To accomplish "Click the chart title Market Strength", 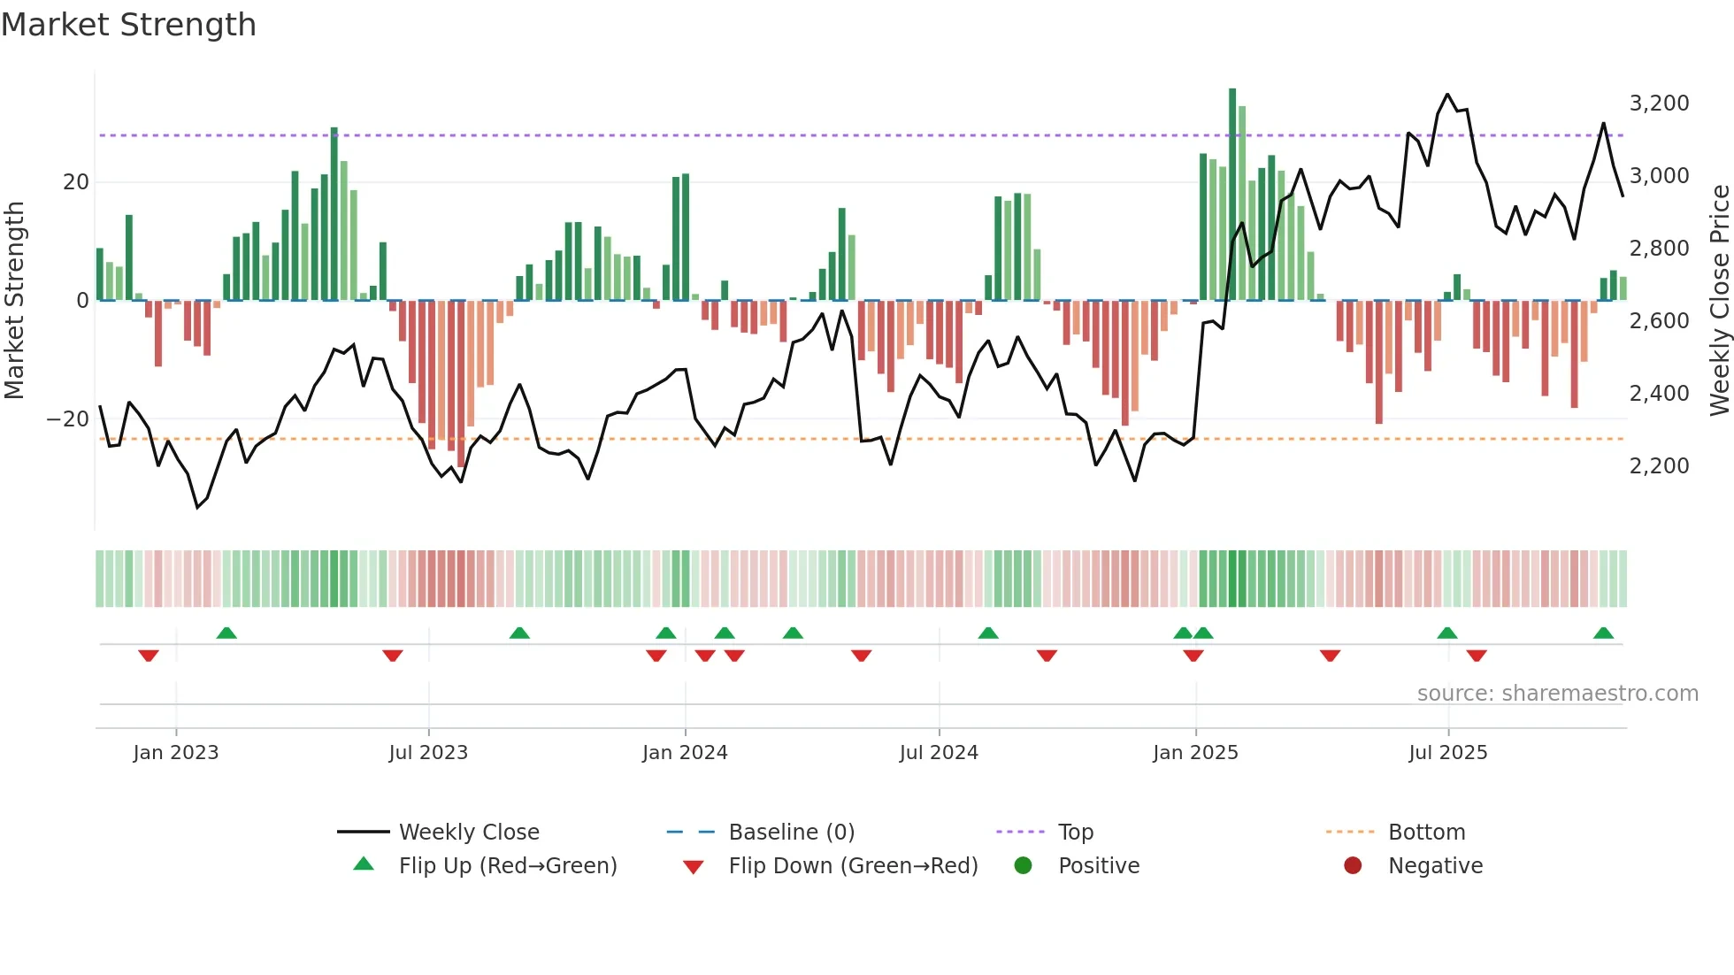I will click(128, 25).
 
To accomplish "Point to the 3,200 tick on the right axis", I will click(1659, 104).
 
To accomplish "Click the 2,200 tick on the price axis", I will click(1659, 466).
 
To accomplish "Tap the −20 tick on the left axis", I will click(68, 419).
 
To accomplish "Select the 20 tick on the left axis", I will click(76, 182).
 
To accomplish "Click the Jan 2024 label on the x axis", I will click(685, 753).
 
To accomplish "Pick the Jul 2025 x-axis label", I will click(1447, 753).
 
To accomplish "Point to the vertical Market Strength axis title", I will click(14, 301).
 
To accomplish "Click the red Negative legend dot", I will click(1353, 866).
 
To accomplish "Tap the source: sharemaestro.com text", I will click(1557, 694).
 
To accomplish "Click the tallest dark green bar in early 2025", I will click(1232, 195).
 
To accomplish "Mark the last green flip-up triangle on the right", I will click(1603, 633).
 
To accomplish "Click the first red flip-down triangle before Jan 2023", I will click(149, 656).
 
